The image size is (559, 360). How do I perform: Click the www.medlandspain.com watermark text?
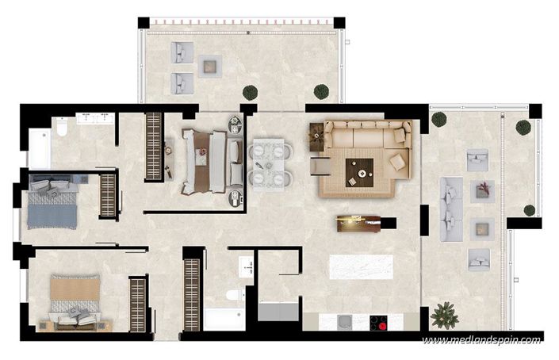[481, 340]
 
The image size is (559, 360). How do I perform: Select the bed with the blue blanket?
[53, 203]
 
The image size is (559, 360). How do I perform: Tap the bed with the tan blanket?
[75, 300]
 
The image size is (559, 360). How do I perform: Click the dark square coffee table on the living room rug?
[364, 167]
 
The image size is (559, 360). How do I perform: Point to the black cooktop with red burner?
[377, 323]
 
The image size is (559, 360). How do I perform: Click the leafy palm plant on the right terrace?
[444, 314]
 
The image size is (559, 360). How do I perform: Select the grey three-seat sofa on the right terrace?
[451, 203]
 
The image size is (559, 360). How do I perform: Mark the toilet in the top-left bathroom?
[61, 131]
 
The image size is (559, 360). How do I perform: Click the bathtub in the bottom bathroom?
[224, 319]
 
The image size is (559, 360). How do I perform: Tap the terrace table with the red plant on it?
[482, 190]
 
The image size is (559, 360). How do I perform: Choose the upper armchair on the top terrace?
[183, 53]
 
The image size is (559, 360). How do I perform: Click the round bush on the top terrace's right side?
[320, 91]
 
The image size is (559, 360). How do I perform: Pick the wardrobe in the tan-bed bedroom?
[138, 304]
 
